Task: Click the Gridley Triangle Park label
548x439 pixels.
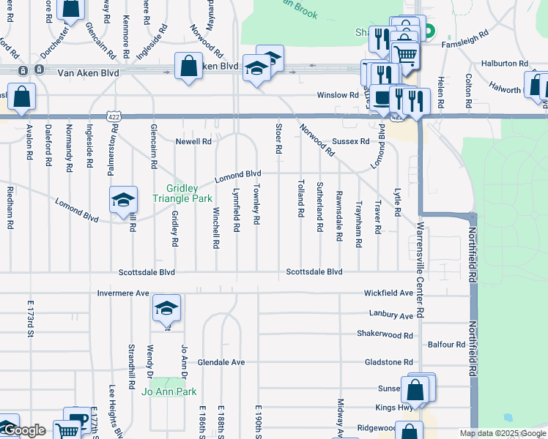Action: (x=182, y=193)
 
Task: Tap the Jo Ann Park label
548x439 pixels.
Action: (x=169, y=392)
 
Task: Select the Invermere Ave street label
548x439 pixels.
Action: (x=123, y=293)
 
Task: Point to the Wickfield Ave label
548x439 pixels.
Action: (x=388, y=293)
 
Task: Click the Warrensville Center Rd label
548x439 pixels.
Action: (x=421, y=271)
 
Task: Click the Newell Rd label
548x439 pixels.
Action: (x=193, y=141)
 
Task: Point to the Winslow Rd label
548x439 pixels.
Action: (x=337, y=95)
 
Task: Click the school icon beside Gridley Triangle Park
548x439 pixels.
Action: (x=123, y=199)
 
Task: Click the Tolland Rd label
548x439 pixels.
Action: (x=300, y=198)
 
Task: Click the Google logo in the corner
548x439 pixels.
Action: (x=24, y=431)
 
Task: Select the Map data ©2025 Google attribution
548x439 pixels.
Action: (x=502, y=433)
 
